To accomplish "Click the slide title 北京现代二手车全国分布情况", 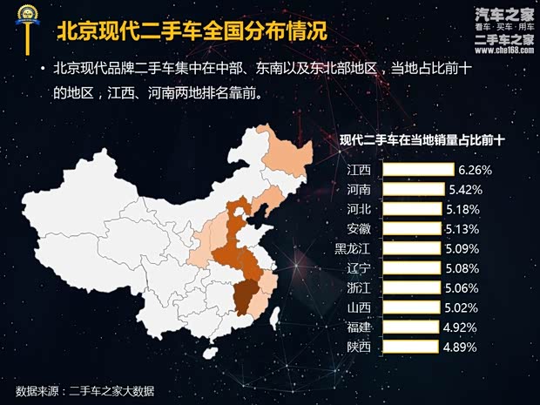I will click(x=192, y=33).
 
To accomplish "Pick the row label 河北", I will click(x=359, y=209).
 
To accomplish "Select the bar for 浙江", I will click(x=410, y=287).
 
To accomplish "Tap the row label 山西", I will click(x=359, y=307).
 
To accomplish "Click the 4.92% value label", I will click(x=460, y=327).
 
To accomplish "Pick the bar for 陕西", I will click(x=409, y=347).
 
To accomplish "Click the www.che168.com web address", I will click(x=503, y=51).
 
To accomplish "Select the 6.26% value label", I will click(x=476, y=169).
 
